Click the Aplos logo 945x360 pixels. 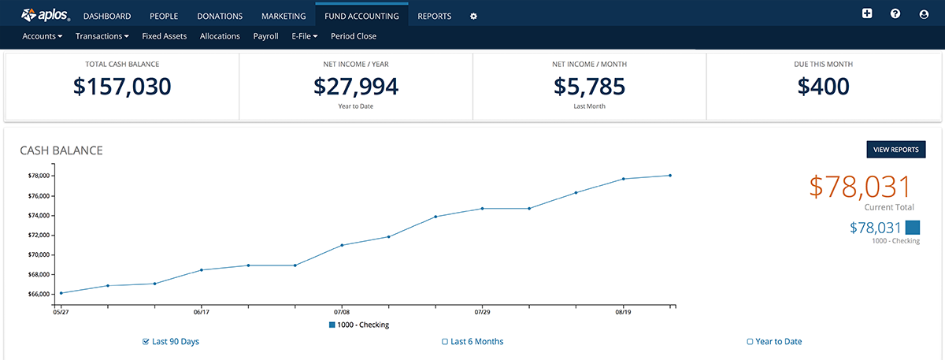click(46, 15)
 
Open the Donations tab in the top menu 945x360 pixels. click(220, 16)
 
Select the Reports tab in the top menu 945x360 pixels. click(435, 16)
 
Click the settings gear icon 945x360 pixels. click(473, 16)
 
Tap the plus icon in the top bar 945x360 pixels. click(867, 14)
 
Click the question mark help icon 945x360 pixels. click(895, 14)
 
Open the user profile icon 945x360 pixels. click(924, 14)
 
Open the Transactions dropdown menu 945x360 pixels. click(102, 36)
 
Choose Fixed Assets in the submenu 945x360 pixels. click(165, 36)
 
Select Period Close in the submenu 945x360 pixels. click(354, 36)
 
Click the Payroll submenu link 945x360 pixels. click(265, 36)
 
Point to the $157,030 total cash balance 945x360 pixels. click(122, 87)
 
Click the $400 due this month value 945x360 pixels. click(823, 87)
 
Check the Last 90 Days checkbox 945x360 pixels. click(146, 342)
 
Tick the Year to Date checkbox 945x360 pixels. click(750, 342)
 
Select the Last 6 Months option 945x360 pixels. click(445, 342)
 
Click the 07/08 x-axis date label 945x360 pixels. click(342, 312)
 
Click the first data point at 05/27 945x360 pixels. click(61, 293)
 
